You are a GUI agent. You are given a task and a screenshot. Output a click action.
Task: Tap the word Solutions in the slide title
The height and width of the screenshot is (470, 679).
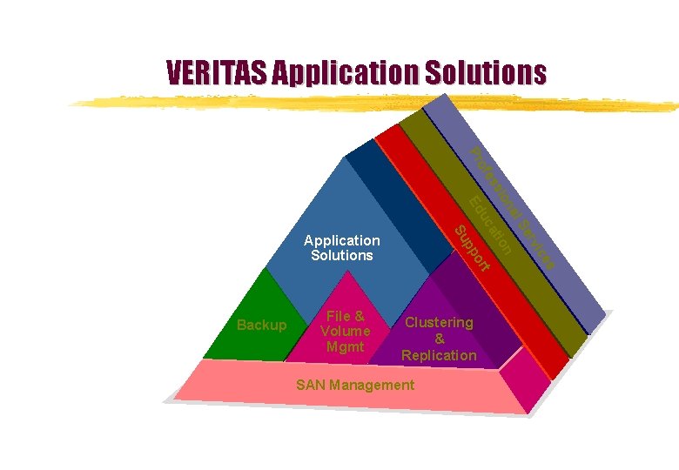(485, 71)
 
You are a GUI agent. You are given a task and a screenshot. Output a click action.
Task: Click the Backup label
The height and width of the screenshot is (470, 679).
(261, 325)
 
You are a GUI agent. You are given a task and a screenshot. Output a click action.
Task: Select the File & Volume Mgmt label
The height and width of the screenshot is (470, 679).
(345, 332)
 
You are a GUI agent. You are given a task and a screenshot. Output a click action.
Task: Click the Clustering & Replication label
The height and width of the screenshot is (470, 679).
(439, 339)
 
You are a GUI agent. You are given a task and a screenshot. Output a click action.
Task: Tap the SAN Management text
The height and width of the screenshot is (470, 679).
(355, 385)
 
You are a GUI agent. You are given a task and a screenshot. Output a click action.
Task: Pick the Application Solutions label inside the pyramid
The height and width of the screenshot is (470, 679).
(341, 247)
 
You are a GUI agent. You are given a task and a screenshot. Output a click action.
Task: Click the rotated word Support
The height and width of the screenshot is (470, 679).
(474, 247)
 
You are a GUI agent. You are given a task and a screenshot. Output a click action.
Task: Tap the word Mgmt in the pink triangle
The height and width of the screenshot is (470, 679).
(345, 347)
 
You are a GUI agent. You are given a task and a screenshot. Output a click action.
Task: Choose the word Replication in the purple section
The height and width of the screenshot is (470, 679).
(439, 355)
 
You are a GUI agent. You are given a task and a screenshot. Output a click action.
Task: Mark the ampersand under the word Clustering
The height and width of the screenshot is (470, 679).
(440, 339)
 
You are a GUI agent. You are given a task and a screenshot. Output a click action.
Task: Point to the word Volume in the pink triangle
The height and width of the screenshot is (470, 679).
(345, 332)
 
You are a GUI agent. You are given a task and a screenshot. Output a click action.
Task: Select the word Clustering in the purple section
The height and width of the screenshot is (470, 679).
(440, 322)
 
